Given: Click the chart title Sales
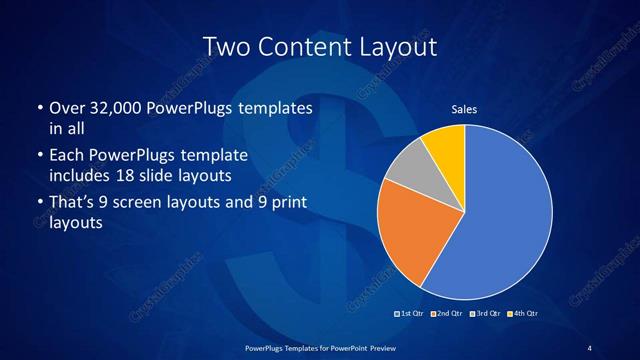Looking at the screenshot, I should (465, 109).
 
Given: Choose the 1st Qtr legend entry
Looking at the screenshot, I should (412, 314).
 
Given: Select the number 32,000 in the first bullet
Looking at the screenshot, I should (114, 108).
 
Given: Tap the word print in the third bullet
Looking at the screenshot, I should (287, 204).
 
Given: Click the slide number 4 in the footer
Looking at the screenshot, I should (590, 347).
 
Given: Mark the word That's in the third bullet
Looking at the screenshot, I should (73, 204).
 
